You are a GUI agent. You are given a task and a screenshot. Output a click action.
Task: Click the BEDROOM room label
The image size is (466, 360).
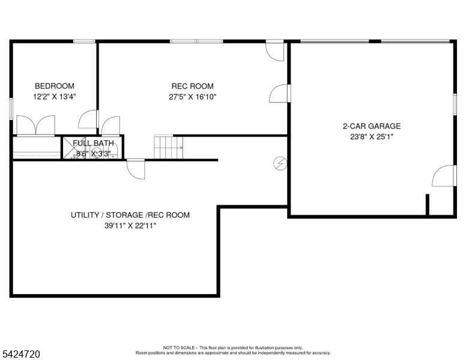click(54, 86)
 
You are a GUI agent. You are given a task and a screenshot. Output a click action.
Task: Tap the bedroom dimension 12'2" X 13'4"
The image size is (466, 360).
click(54, 96)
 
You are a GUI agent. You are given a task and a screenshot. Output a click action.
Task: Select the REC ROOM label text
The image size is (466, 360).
click(192, 86)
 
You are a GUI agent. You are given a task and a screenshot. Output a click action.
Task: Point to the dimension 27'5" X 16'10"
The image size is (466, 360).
click(192, 96)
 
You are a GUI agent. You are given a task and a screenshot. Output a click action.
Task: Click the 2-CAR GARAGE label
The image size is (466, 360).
click(371, 126)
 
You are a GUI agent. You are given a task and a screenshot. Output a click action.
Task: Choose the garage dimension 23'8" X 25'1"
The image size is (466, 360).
click(371, 136)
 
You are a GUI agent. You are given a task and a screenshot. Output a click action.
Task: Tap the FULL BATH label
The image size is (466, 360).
click(92, 143)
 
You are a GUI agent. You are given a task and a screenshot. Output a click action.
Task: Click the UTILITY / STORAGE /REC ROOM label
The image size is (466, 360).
click(130, 215)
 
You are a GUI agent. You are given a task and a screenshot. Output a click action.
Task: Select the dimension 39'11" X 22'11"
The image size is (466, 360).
click(130, 226)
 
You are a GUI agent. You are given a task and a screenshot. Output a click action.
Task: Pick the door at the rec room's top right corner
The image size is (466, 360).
click(276, 50)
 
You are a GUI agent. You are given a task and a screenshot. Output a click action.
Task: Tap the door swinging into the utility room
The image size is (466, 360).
click(136, 169)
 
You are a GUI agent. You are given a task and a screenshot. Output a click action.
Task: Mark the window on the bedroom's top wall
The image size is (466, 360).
click(84, 41)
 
